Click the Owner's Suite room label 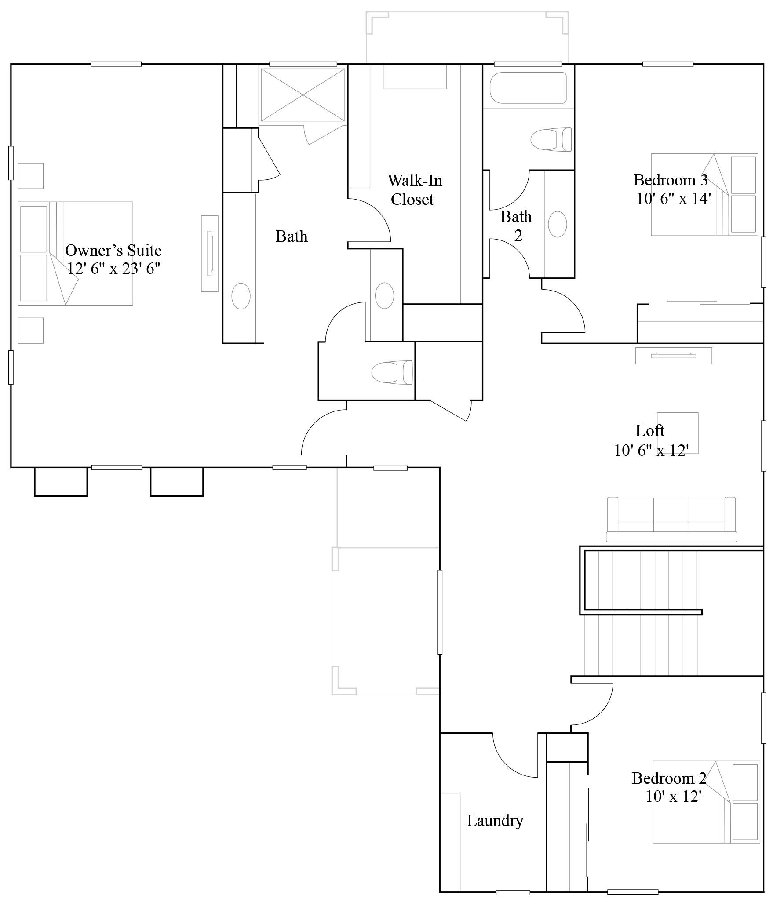113,251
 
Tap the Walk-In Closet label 414,190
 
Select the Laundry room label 495,821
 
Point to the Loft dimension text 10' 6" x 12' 651,450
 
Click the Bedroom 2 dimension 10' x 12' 673,796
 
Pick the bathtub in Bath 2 528,88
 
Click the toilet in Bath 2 551,139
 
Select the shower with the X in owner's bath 303,95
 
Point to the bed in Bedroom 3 704,194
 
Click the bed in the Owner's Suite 75,254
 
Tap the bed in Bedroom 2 706,802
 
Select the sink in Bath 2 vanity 558,224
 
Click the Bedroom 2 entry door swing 594,704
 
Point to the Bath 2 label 516,226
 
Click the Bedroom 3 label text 670,180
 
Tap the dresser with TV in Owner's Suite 210,253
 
